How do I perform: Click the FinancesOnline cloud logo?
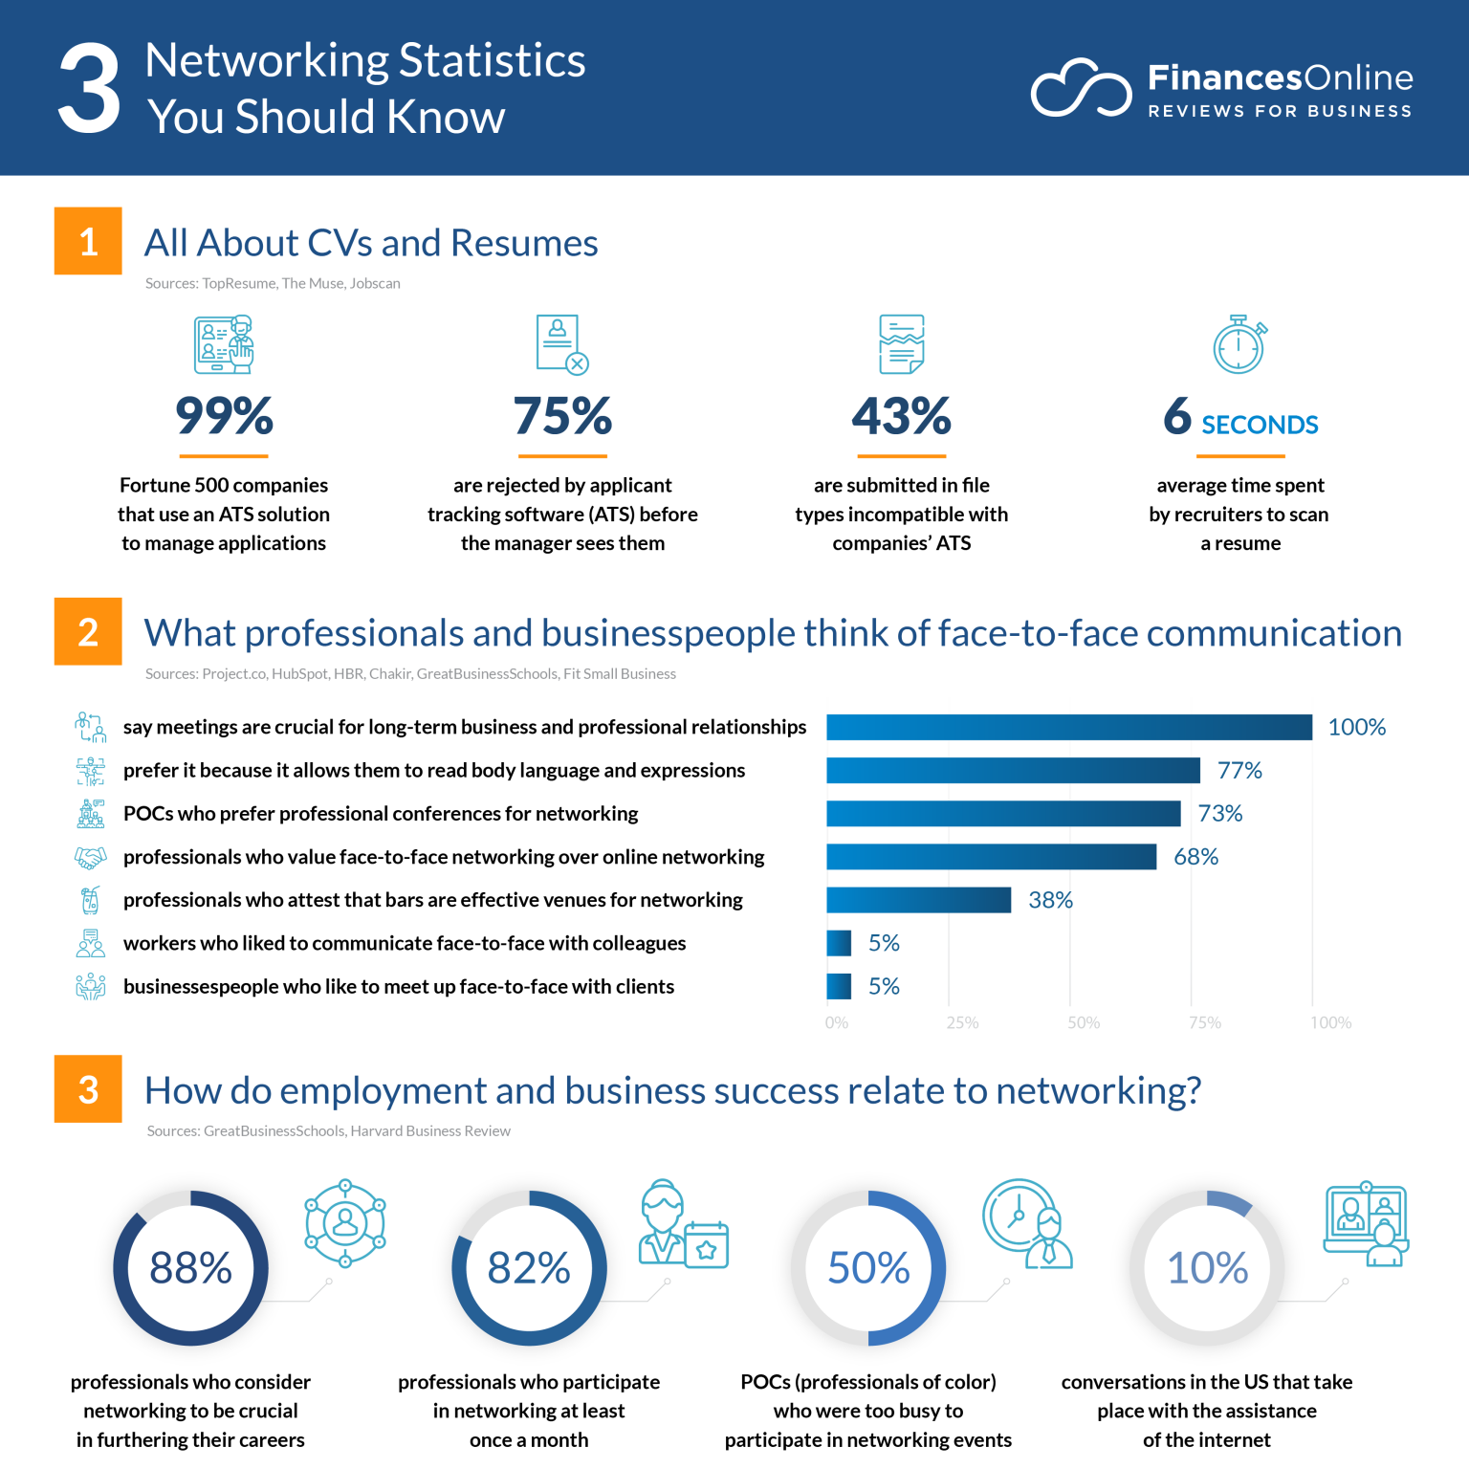point(1081,89)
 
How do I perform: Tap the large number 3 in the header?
point(89,89)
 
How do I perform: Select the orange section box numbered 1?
point(88,241)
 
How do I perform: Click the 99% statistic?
point(224,416)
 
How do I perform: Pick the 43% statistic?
point(901,416)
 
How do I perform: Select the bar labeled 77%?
point(1012,770)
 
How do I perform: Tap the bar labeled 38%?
point(918,900)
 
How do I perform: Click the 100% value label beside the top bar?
point(1356,727)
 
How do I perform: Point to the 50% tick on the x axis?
point(1084,1022)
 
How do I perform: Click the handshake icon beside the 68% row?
point(90,857)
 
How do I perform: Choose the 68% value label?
point(1195,857)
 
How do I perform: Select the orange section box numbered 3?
point(88,1088)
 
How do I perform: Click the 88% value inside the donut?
point(190,1268)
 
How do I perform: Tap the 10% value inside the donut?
point(1207,1268)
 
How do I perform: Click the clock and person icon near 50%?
point(1027,1223)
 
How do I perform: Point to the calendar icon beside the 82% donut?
point(707,1244)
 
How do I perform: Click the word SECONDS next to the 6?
point(1260,425)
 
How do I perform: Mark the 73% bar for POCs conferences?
point(1003,813)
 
